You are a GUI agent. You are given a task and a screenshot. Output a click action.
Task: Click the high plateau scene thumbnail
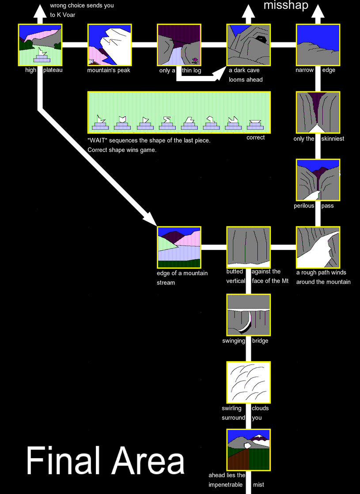(x=40, y=45)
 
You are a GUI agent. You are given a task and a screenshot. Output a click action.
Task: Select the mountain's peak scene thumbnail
(x=110, y=45)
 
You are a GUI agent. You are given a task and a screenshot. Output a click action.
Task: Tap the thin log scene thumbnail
(x=179, y=45)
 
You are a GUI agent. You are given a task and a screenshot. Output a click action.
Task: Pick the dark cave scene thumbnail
(x=248, y=45)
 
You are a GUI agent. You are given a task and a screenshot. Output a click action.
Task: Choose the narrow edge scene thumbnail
(x=318, y=45)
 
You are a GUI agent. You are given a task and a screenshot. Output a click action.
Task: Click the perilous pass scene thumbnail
(x=318, y=181)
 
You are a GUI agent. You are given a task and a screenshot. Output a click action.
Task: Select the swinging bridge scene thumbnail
(x=248, y=316)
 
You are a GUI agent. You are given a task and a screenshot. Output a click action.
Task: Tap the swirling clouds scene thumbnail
(x=248, y=383)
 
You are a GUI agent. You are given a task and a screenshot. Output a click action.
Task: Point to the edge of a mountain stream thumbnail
(x=179, y=248)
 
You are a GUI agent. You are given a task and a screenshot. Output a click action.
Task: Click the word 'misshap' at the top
(x=286, y=6)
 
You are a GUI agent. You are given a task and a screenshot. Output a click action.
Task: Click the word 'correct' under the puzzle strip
(x=255, y=138)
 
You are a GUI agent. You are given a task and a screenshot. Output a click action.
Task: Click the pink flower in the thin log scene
(x=195, y=60)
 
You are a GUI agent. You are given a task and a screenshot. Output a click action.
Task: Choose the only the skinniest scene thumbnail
(x=318, y=113)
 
